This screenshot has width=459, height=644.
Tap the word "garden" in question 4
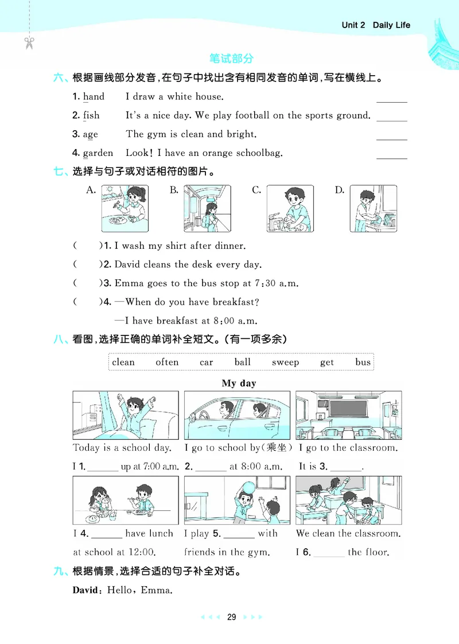tap(98, 153)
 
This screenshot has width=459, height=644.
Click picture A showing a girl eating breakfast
tap(125, 208)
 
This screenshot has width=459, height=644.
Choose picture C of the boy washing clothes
tap(290, 208)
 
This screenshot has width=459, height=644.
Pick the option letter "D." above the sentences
tap(340, 190)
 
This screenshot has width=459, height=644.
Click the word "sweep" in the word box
tap(285, 362)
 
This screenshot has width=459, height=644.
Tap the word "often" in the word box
tap(167, 362)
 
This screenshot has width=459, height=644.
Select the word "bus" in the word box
tap(363, 362)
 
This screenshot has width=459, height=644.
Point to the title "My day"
tap(239, 383)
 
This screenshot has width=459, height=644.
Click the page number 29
tap(231, 617)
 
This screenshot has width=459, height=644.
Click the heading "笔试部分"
tap(231, 58)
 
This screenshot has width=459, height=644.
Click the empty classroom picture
tap(348, 415)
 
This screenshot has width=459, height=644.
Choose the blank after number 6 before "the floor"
tap(329, 553)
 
